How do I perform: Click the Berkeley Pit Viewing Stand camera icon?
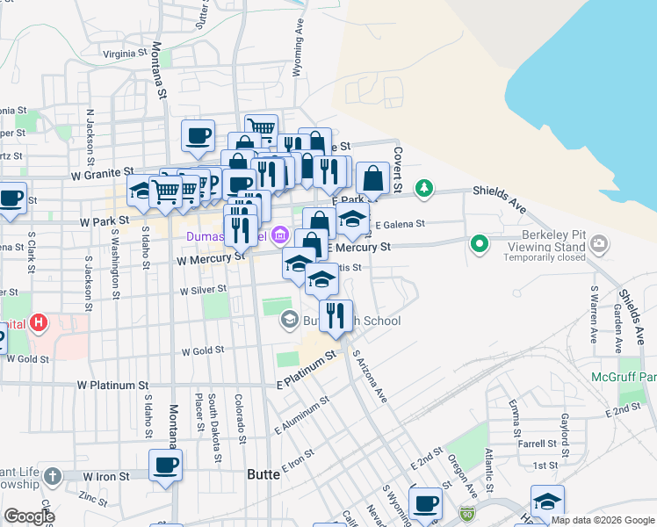(599, 243)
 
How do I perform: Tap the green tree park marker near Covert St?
(424, 187)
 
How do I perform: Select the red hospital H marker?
(38, 323)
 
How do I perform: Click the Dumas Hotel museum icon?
(280, 235)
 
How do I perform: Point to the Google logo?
(29, 516)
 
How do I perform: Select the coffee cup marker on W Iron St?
(165, 466)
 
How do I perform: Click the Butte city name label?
(263, 473)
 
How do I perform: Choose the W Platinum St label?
(112, 385)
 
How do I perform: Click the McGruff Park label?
(636, 377)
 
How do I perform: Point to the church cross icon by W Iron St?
(52, 477)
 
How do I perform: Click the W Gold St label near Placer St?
(203, 351)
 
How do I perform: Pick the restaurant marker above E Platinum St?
(335, 316)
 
